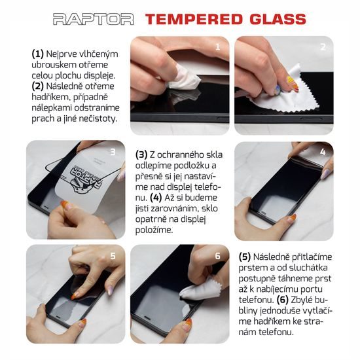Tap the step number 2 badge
tap(323, 46)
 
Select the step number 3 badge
tap(113, 152)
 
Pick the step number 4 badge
tap(323, 152)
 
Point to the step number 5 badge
tap(113, 257)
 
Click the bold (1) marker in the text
tap(38, 54)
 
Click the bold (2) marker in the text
tap(38, 86)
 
